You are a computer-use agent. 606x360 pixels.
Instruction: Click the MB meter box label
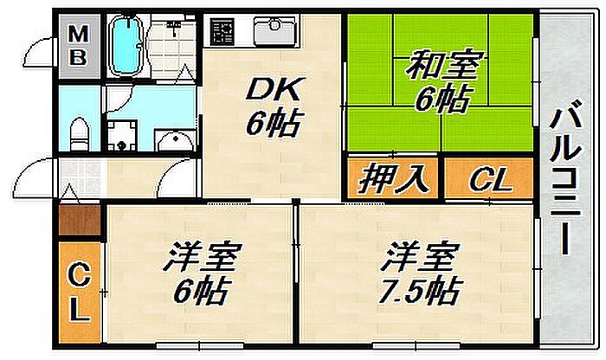tap(78, 45)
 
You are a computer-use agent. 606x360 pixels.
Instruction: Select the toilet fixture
tap(80, 136)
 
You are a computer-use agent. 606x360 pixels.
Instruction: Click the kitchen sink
tap(275, 32)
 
